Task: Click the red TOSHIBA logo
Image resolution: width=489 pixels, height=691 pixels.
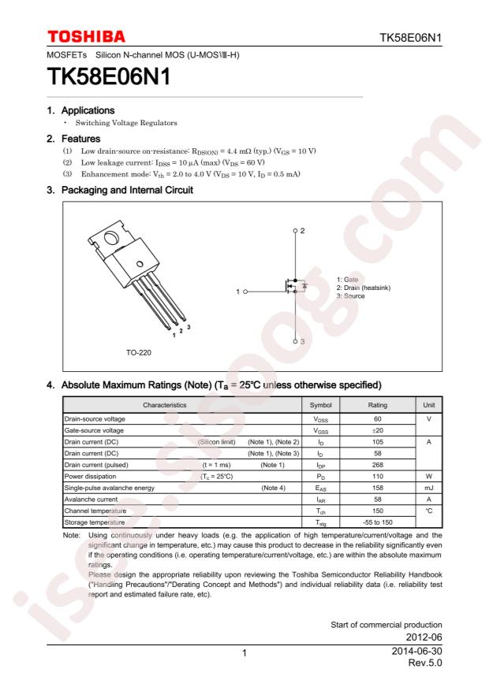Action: pyautogui.click(x=86, y=36)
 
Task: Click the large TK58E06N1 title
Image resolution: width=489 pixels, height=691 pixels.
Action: pyautogui.click(x=109, y=76)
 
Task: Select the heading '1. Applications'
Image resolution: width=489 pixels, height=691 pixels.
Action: pyautogui.click(x=80, y=110)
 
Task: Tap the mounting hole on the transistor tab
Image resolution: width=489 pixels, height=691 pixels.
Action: pyautogui.click(x=111, y=239)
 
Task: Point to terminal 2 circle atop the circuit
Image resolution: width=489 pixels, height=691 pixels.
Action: pyautogui.click(x=296, y=231)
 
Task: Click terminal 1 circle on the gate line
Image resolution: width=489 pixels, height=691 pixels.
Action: pyautogui.click(x=245, y=292)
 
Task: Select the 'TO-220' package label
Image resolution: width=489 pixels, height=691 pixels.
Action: pyautogui.click(x=139, y=352)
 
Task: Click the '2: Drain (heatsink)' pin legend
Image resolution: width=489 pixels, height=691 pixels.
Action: pyautogui.click(x=364, y=288)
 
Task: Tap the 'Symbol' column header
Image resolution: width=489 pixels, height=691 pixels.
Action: pyautogui.click(x=320, y=405)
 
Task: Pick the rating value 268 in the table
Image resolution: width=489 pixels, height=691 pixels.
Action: pyautogui.click(x=378, y=465)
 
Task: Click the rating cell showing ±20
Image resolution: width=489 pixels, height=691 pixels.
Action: pyautogui.click(x=378, y=430)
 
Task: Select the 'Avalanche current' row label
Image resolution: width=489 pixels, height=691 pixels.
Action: pyautogui.click(x=91, y=500)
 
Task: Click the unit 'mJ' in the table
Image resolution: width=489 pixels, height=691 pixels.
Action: pyautogui.click(x=428, y=488)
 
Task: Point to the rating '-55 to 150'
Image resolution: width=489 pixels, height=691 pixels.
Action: pyautogui.click(x=378, y=522)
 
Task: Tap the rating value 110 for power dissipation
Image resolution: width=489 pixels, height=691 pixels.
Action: pyautogui.click(x=378, y=477)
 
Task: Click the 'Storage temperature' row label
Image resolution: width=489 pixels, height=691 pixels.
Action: pyautogui.click(x=95, y=522)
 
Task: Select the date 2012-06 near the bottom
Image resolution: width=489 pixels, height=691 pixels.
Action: pyautogui.click(x=424, y=637)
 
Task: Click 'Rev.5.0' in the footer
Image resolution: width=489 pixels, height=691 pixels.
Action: pyautogui.click(x=425, y=663)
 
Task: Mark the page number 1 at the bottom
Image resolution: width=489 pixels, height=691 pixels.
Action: pyautogui.click(x=244, y=653)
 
